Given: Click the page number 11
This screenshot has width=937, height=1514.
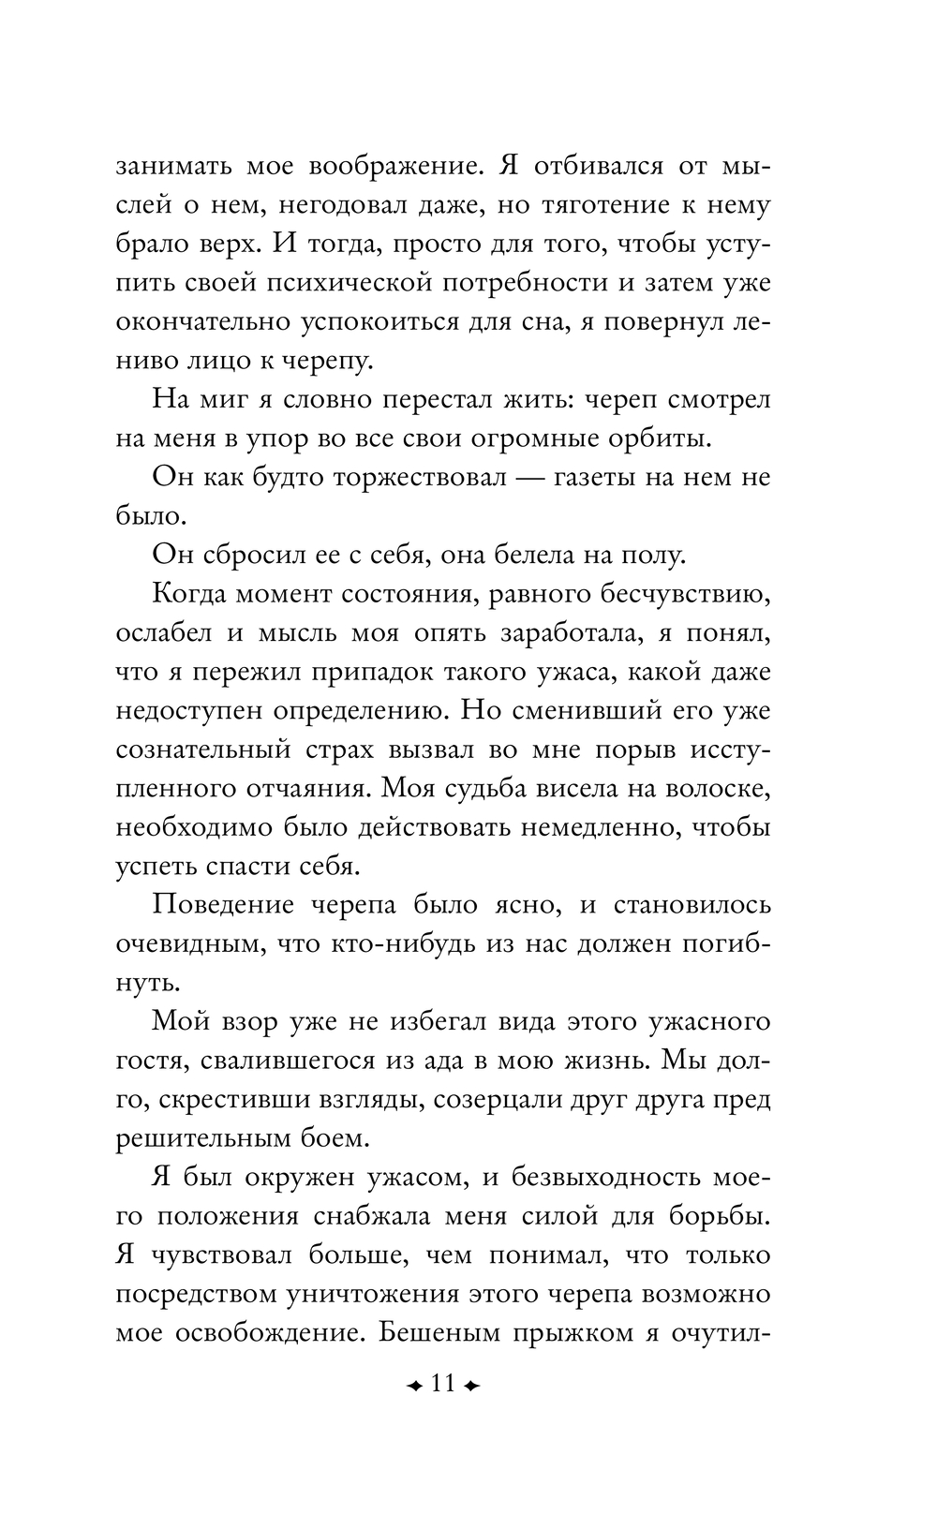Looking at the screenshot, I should (441, 1384).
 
